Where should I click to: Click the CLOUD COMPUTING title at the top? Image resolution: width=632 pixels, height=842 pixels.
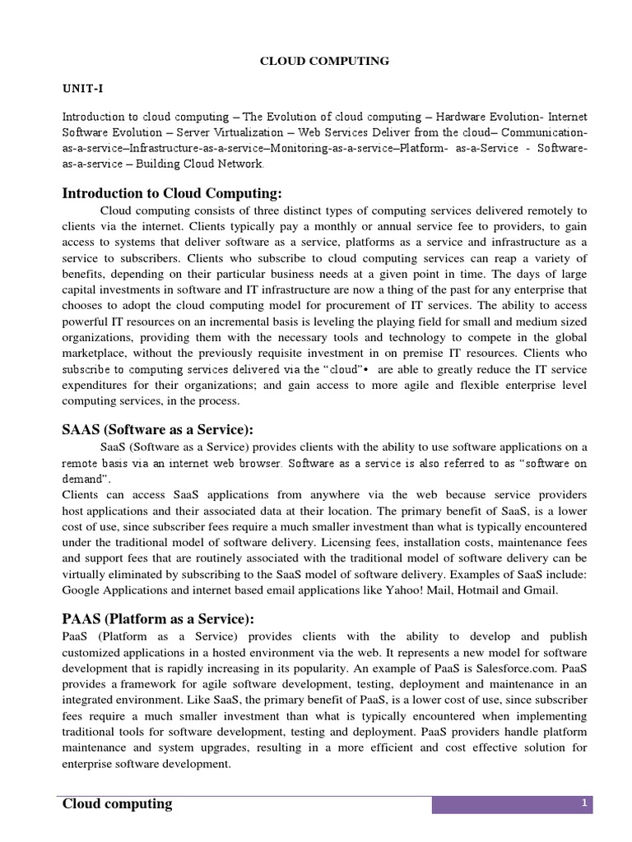tap(313, 61)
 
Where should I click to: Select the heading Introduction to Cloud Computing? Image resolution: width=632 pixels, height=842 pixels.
tap(172, 193)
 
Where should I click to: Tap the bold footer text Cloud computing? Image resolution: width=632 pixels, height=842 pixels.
tap(118, 804)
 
